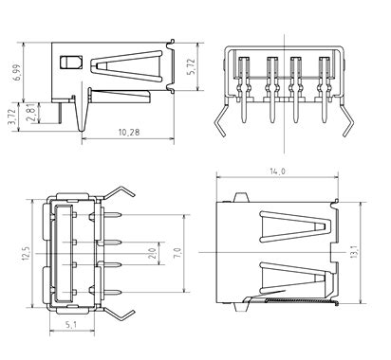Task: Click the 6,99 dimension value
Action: click(x=16, y=73)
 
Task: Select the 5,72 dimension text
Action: click(x=192, y=67)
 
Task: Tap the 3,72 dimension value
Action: click(x=12, y=117)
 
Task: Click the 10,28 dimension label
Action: click(x=129, y=132)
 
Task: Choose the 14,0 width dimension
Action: click(x=277, y=171)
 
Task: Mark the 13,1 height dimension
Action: click(x=354, y=252)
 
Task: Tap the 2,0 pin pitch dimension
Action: click(x=153, y=253)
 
